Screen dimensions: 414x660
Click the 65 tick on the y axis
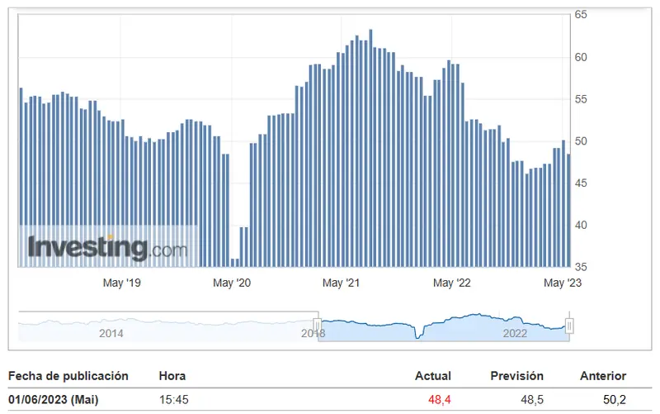[581, 15]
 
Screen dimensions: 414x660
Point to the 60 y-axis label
[581, 57]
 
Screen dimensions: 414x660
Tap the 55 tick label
[581, 99]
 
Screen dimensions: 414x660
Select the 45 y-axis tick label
[581, 183]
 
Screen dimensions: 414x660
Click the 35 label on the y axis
[581, 267]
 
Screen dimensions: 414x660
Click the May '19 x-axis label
[121, 283]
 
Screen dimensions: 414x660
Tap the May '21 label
[342, 283]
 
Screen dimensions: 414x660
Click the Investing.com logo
[107, 247]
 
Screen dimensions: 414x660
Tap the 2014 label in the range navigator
[111, 333]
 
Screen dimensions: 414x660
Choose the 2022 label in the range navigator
[515, 333]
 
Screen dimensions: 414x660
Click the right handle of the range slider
[568, 326]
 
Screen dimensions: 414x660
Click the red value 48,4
[440, 400]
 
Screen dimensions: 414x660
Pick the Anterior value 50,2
[615, 400]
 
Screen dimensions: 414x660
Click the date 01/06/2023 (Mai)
[54, 400]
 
